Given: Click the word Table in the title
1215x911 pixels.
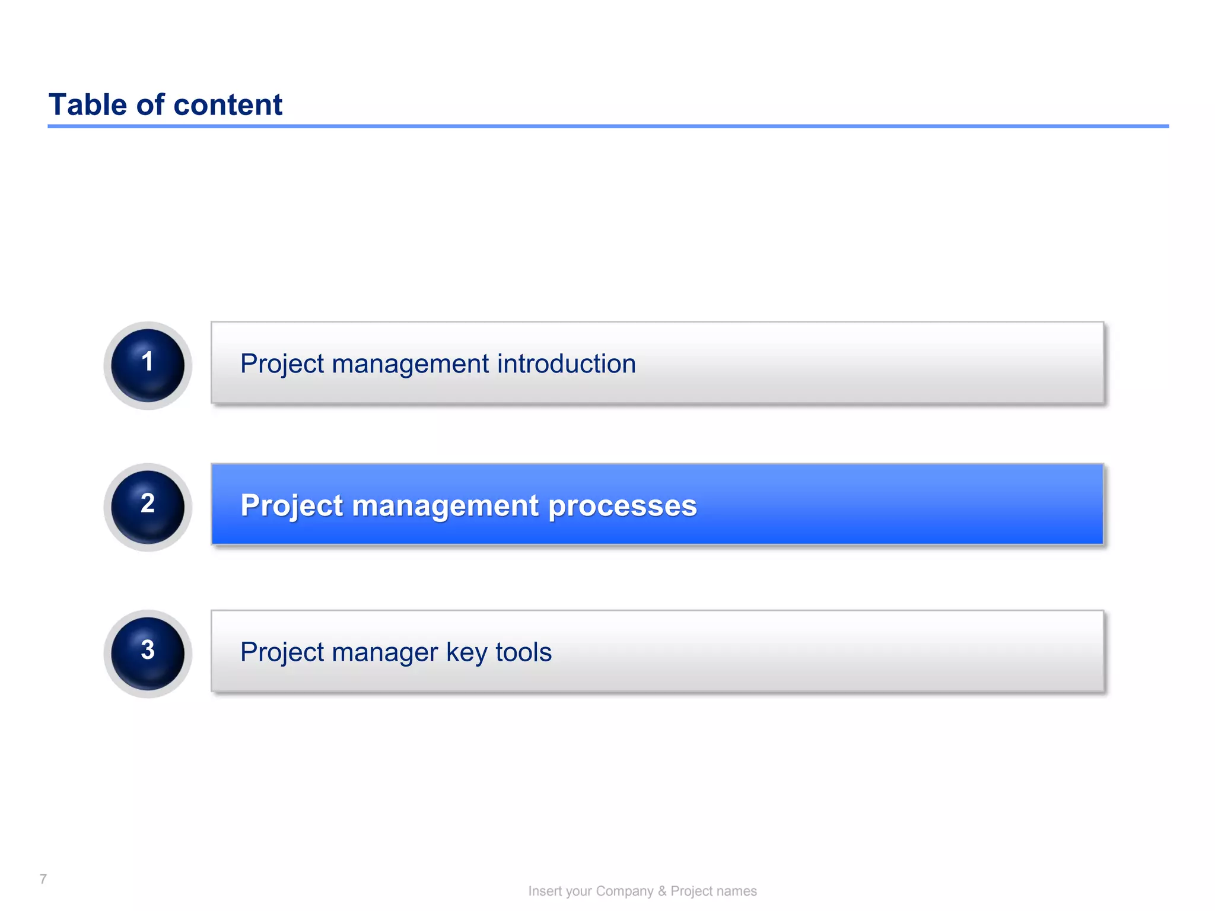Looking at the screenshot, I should coord(88,105).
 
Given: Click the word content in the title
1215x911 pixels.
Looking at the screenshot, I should coord(228,105).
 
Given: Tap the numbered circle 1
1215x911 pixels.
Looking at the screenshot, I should coord(148,365).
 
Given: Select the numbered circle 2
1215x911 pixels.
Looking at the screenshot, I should coord(148,507).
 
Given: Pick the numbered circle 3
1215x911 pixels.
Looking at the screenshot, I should coord(148,653).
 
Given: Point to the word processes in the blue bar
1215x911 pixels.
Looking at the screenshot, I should coord(622,506).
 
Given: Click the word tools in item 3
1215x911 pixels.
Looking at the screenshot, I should coord(523,652).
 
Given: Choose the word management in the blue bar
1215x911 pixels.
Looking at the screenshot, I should coord(445,506).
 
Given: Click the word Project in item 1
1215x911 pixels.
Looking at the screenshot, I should coord(282,364).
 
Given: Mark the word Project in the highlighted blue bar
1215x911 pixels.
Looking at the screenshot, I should coord(291,506).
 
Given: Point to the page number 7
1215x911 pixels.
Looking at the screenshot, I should coord(43,879).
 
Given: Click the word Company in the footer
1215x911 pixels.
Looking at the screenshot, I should coord(624,891).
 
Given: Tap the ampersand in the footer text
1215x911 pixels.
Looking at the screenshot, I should coord(662,891).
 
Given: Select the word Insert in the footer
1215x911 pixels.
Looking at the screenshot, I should coord(545,891).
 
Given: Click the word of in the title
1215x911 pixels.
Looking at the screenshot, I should coord(150,105).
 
